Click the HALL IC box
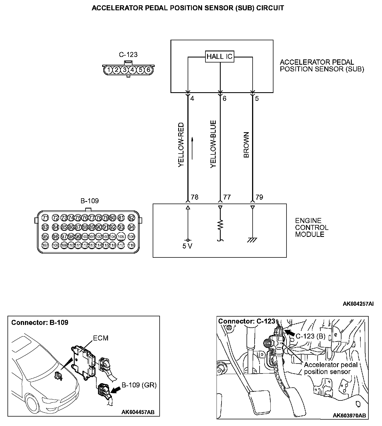[219, 57]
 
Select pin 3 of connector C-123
[125, 70]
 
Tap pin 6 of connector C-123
[149, 70]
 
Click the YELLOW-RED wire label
[181, 144]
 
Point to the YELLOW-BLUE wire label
[213, 144]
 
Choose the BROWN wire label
[246, 145]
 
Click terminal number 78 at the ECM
[195, 197]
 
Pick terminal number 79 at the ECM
[259, 197]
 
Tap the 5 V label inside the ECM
[187, 246]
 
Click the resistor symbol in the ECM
[220, 225]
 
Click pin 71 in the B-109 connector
[45, 217]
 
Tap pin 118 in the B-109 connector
[131, 245]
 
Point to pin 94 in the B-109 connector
[131, 227]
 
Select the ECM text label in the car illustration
[100, 338]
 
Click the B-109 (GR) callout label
[139, 385]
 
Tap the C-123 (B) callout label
[310, 336]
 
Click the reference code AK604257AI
[358, 304]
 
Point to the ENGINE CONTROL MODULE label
[311, 227]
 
